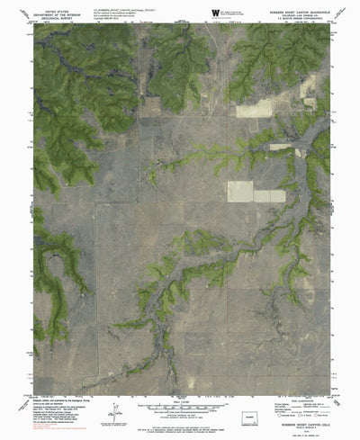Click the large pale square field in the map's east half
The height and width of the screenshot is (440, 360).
pyautogui.click(x=239, y=192)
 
